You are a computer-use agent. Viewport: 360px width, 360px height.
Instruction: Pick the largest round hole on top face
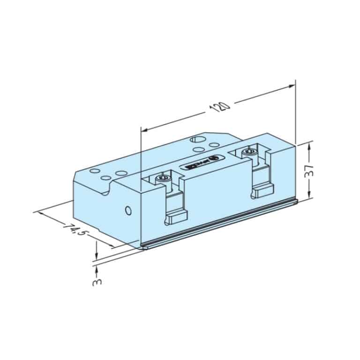197,140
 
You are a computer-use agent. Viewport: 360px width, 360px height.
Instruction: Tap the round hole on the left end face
127,210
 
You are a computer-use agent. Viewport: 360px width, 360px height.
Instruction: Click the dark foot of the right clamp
262,189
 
